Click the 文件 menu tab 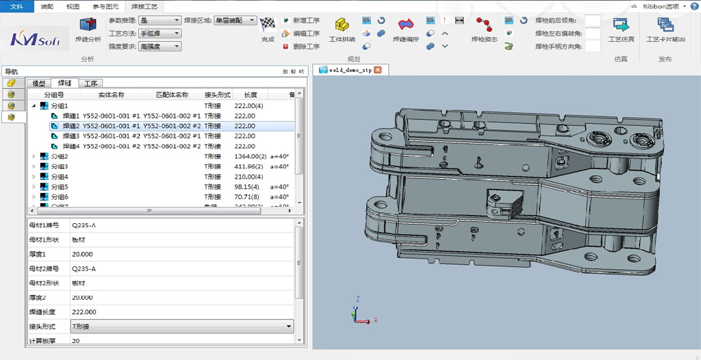pos(16,5)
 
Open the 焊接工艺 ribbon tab pos(144,5)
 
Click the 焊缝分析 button pos(88,31)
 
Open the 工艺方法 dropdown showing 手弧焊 pos(160,34)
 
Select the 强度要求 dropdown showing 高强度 pos(160,47)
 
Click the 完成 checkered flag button pos(268,30)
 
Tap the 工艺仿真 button pos(621,31)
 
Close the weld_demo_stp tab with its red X pos(377,70)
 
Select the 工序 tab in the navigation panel pos(90,83)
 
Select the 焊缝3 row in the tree pos(71,136)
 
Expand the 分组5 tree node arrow pos(34,187)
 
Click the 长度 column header pos(250,95)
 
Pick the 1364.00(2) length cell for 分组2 pos(249,157)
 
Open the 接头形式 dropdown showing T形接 pos(181,326)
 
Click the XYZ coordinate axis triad pos(362,312)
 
